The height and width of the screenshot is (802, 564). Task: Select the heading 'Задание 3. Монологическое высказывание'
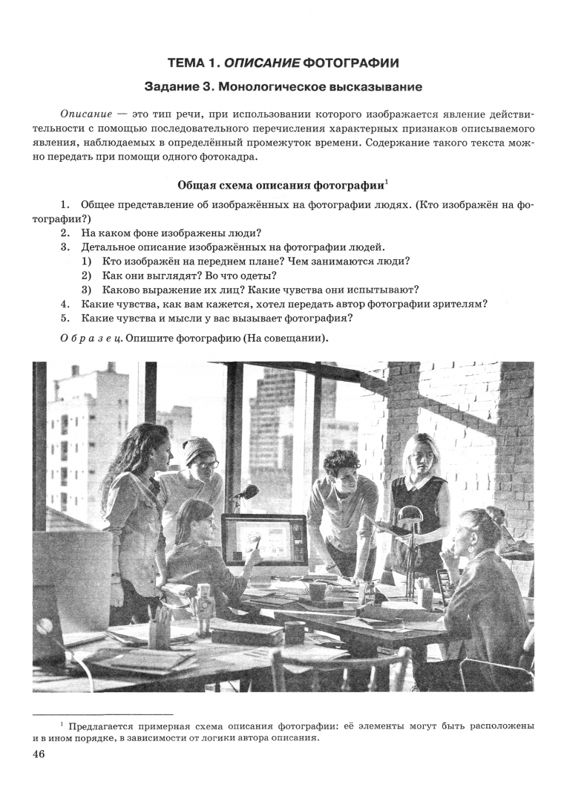[283, 87]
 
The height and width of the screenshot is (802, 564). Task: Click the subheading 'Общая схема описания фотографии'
[280, 184]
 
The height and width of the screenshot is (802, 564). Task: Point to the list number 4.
[65, 304]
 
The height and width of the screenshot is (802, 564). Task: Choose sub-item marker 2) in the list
[87, 276]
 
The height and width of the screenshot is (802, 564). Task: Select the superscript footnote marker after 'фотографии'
[387, 180]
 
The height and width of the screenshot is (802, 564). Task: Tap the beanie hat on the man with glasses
[198, 449]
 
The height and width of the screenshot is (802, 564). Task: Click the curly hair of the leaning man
[341, 463]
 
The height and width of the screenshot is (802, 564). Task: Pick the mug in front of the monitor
[318, 591]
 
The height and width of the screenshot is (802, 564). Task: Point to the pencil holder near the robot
[159, 631]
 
